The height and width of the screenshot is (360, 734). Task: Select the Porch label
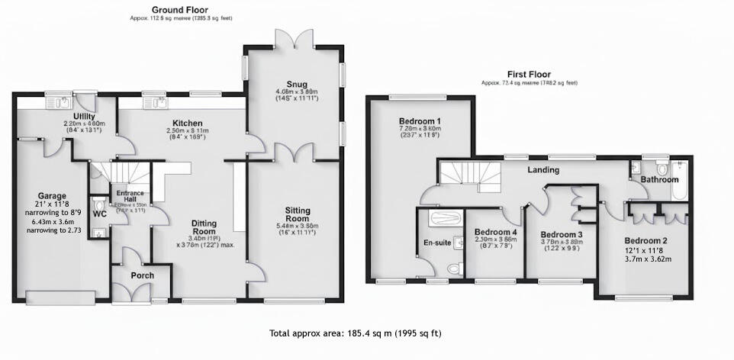(142, 275)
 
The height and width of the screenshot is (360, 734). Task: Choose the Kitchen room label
(187, 124)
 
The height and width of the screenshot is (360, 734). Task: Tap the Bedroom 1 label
(420, 121)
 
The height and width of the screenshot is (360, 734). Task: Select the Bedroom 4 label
(496, 233)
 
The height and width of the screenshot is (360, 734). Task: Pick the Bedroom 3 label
(562, 235)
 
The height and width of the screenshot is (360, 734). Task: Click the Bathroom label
(659, 180)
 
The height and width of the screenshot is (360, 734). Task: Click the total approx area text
(356, 333)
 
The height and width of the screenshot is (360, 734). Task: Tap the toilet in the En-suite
(455, 268)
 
